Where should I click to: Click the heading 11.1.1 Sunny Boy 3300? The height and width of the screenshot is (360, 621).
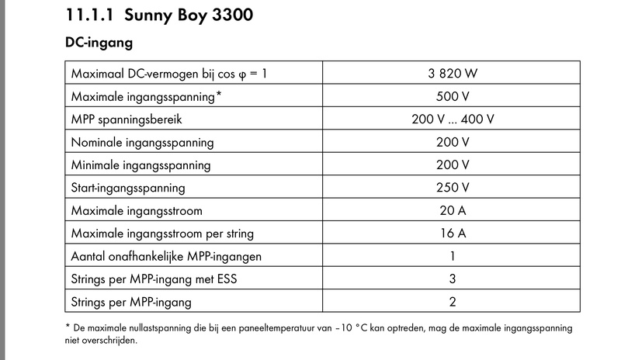click(160, 14)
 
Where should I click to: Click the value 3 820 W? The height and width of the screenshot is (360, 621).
click(453, 74)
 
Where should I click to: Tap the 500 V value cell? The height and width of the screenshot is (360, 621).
click(453, 97)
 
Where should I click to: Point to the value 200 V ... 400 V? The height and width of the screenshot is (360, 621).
click(453, 120)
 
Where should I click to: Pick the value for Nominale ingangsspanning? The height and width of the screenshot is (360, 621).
click(453, 143)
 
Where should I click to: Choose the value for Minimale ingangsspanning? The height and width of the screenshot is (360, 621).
click(453, 165)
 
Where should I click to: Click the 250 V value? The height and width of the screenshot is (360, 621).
click(453, 188)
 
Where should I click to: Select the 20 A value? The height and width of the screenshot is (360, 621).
click(453, 210)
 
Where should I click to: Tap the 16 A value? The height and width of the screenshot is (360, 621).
click(453, 233)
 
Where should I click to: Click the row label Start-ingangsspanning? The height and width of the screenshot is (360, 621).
click(128, 188)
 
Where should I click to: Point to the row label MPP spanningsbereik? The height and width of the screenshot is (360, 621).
click(127, 120)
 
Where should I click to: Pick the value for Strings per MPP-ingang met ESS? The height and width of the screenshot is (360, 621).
click(453, 279)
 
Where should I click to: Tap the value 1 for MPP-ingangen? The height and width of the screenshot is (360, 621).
click(453, 255)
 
